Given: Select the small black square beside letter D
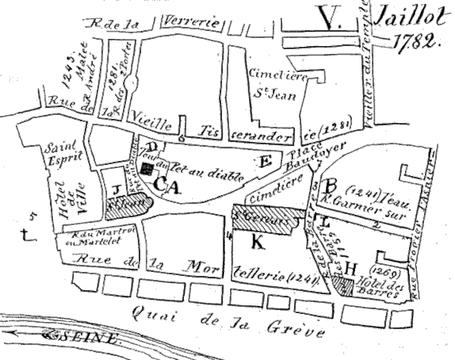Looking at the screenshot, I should [x=146, y=168].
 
